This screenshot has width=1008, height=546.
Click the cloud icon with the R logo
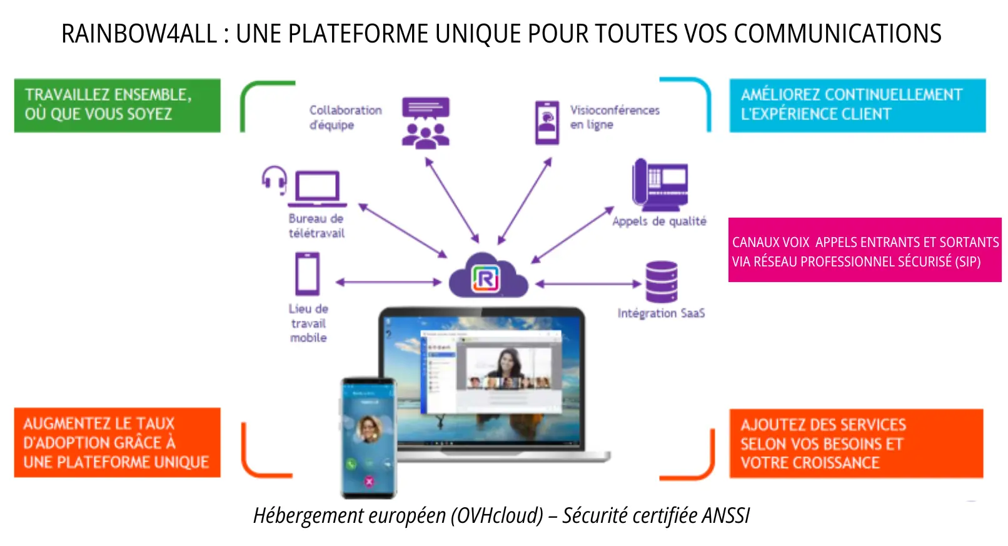point(488,277)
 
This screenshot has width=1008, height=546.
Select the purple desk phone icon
point(660,185)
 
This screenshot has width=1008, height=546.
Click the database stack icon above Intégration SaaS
point(661,282)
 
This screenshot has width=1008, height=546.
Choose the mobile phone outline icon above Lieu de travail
point(307,274)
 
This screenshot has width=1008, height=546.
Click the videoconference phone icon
point(547,123)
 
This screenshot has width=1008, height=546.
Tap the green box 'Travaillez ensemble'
point(117,105)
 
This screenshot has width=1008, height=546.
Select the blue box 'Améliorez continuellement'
point(857,105)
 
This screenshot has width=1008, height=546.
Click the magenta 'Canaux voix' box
point(864,250)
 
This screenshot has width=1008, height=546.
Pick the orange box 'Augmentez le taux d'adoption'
point(117,443)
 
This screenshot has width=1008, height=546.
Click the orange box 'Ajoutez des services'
point(855,443)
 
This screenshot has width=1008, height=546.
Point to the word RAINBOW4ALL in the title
point(139,34)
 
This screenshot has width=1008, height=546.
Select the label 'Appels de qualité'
point(659,221)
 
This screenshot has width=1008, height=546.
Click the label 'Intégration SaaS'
point(661,313)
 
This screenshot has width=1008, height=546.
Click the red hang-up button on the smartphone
point(369,481)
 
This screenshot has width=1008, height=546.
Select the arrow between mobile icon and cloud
point(389,283)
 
